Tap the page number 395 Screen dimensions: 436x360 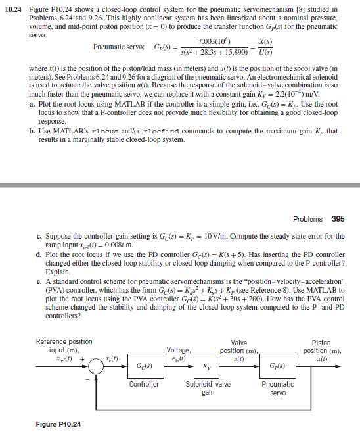click(338, 219)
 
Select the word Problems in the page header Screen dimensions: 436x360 click(307, 219)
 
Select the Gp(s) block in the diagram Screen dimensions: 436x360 click(278, 365)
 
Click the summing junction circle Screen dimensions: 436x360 click(97, 365)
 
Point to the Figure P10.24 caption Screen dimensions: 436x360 click(59, 425)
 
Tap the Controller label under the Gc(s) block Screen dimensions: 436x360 click(143, 384)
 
